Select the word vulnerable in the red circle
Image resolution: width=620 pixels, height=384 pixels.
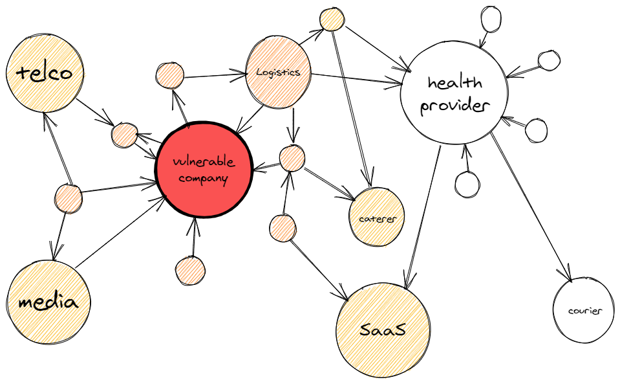coord(204,161)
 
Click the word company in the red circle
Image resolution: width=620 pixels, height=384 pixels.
coord(204,178)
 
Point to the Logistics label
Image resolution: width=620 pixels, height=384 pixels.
coord(278,73)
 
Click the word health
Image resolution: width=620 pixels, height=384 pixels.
coord(455,83)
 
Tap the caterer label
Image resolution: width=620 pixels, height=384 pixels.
coord(376,219)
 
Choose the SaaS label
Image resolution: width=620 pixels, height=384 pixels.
coord(383,330)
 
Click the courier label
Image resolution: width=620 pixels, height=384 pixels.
coord(585,311)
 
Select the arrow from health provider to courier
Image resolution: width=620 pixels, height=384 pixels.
coord(530,207)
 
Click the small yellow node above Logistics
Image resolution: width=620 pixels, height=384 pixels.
coord(332,19)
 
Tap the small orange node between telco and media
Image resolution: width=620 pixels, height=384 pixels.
coord(67,198)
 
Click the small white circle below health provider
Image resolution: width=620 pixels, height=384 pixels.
coord(467,184)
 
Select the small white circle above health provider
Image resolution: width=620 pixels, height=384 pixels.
coord(489,19)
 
